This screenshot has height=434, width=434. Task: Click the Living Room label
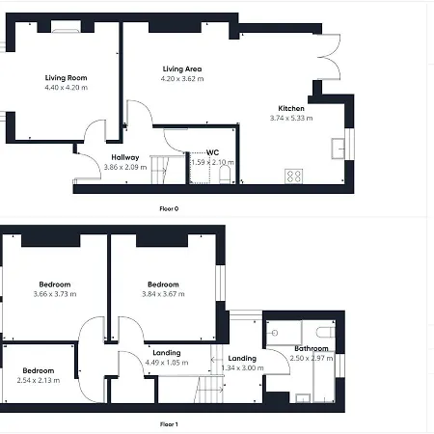(x=66, y=78)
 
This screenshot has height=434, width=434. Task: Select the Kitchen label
(x=291, y=109)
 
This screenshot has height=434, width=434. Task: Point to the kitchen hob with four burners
(x=294, y=176)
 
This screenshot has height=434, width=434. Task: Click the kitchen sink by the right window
(x=339, y=148)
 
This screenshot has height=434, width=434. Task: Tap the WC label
(x=212, y=152)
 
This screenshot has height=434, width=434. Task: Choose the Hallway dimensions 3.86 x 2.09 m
(x=125, y=167)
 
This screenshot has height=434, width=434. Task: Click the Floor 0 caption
(x=169, y=208)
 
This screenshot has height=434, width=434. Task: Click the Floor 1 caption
(x=169, y=423)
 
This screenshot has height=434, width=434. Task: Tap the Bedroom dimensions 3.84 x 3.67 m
(x=163, y=294)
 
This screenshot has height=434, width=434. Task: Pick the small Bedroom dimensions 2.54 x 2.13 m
(x=39, y=380)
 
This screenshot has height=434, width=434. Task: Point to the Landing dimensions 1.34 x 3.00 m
(x=242, y=367)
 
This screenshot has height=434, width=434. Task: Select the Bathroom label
(x=312, y=348)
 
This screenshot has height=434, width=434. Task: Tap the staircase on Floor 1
(x=207, y=390)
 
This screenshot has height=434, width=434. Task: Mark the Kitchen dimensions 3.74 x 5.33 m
(x=291, y=119)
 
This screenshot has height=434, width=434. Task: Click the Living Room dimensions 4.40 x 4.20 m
(x=66, y=88)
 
